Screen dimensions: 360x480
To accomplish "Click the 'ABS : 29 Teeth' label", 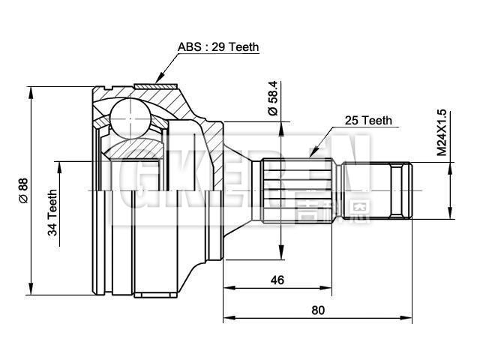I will pos(217,46).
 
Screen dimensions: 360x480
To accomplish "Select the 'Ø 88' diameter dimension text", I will pos(22,190).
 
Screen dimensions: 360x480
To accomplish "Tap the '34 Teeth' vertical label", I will pos(53,212).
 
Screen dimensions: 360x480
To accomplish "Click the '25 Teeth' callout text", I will pos(367,120).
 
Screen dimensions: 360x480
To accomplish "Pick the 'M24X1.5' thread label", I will pos(442,133).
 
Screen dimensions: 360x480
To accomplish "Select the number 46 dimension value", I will pos(277,280).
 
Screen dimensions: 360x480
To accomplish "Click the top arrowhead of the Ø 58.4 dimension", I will pos(280,124).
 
